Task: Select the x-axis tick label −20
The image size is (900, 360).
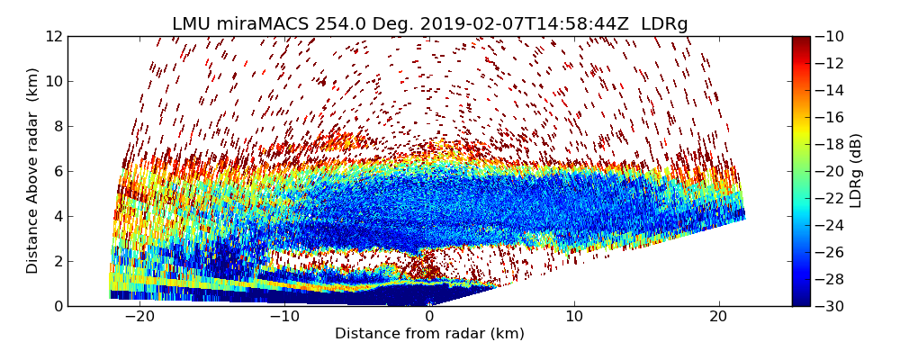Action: click(x=139, y=317)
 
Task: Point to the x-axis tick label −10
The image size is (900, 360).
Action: click(x=284, y=317)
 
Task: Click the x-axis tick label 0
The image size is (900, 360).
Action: click(x=429, y=317)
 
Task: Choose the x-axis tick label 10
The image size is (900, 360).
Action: click(x=574, y=317)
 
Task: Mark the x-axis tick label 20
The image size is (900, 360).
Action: click(x=719, y=317)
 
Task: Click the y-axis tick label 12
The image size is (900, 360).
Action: click(x=53, y=36)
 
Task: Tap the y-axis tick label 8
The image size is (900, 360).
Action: click(x=57, y=126)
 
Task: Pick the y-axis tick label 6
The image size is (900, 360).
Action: click(x=57, y=171)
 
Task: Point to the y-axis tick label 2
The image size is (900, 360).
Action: click(x=57, y=261)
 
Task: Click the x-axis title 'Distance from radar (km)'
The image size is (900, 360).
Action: click(x=429, y=334)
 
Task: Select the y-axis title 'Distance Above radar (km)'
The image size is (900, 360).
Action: click(x=32, y=171)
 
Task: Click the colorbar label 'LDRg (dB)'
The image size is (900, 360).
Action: click(x=856, y=171)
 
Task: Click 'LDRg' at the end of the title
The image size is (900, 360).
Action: click(x=664, y=24)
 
